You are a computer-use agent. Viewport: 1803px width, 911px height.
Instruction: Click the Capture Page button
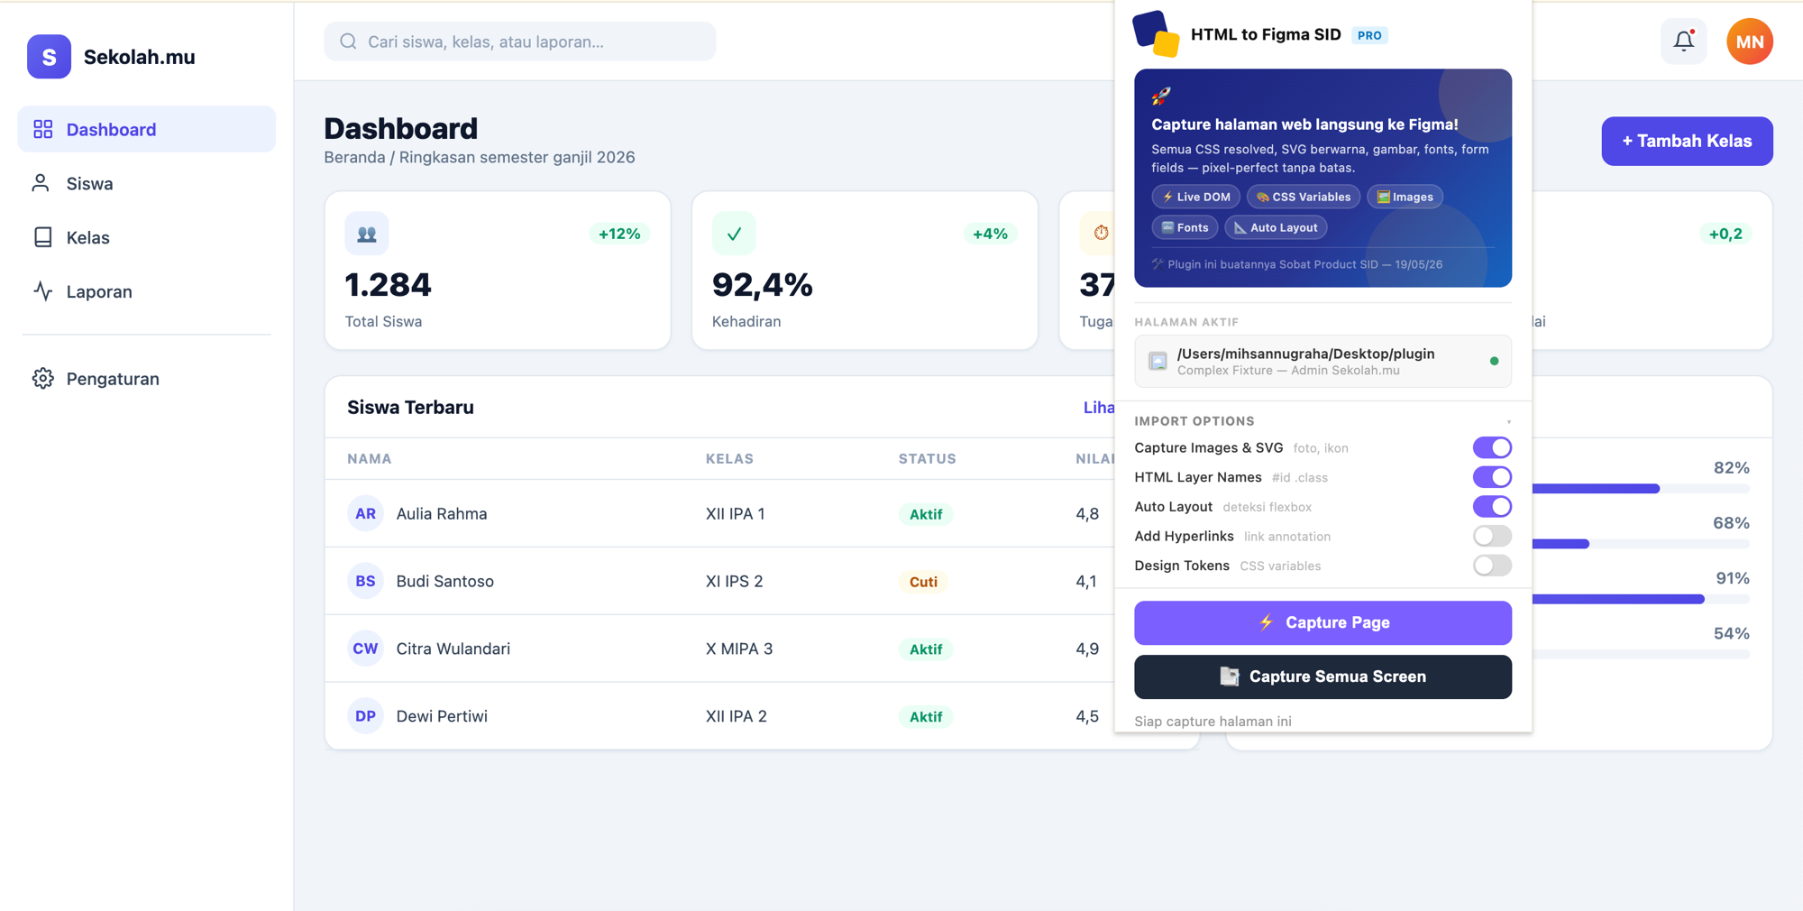point(1323,622)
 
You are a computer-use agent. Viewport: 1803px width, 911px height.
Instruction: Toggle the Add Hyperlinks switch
point(1492,536)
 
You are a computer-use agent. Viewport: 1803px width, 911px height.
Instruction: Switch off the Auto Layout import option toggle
point(1492,506)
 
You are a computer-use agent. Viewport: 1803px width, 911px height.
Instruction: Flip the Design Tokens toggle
point(1492,566)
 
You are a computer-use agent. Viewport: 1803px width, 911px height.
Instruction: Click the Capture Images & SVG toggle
point(1492,447)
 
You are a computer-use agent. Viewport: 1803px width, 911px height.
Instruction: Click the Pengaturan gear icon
point(42,378)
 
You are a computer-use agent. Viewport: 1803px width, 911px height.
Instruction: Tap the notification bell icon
point(1683,41)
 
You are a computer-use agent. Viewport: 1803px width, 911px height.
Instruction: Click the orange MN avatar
point(1750,41)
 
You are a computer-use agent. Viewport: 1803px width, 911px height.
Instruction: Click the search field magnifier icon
point(348,41)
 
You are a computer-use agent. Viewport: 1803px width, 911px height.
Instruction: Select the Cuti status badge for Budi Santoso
point(923,582)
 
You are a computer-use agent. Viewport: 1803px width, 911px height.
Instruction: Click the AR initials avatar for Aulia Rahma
point(365,513)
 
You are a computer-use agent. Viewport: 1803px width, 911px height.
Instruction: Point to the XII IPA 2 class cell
point(736,716)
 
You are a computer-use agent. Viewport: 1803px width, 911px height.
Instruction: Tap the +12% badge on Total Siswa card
point(619,234)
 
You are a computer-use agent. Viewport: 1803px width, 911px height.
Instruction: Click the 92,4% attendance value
point(762,285)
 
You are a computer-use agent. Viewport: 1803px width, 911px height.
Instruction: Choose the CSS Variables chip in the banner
point(1304,197)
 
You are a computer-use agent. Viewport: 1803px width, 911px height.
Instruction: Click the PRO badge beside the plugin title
point(1369,35)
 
